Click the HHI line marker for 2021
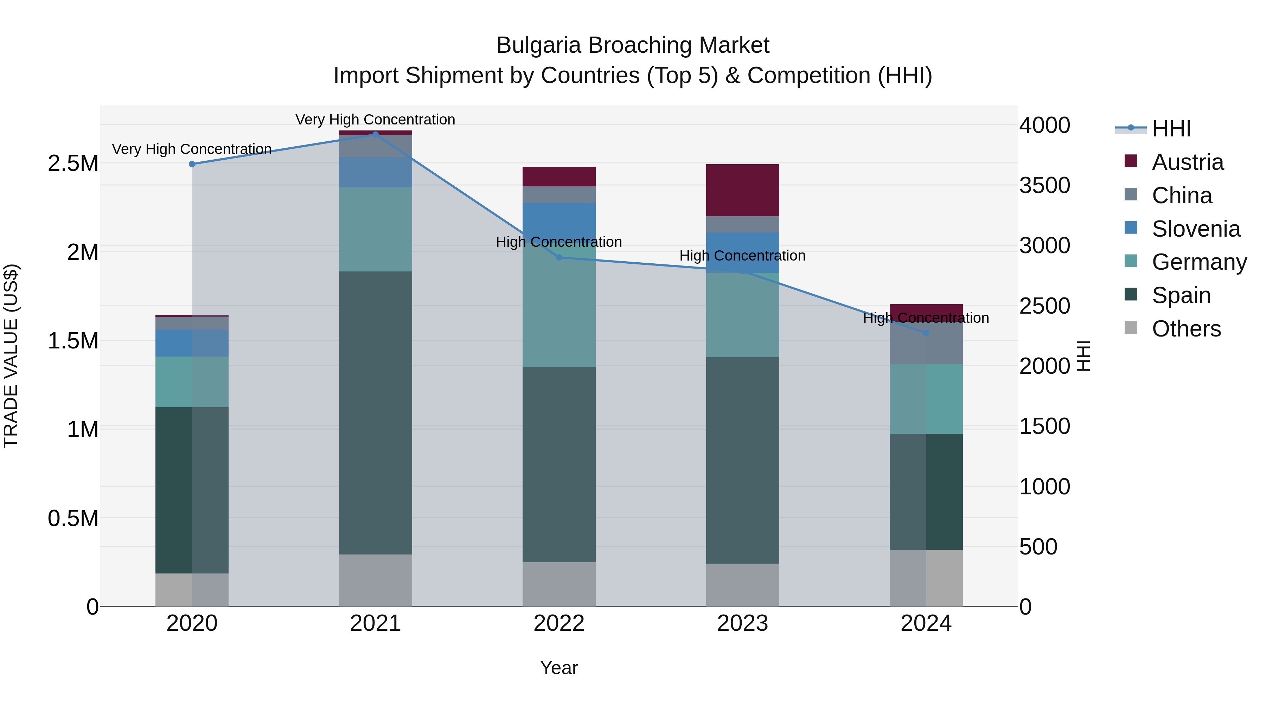click(376, 134)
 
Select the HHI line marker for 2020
click(192, 164)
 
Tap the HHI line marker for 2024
click(926, 333)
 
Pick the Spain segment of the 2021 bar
click(376, 413)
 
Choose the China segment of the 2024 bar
click(926, 344)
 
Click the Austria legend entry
click(1187, 162)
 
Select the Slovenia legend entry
click(1195, 229)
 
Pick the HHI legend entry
click(1171, 129)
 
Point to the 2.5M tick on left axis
click(73, 163)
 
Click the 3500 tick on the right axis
click(1045, 186)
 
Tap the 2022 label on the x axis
click(559, 623)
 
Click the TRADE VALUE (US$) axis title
click(11, 356)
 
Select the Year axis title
click(559, 668)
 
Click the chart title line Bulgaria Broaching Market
click(633, 45)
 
